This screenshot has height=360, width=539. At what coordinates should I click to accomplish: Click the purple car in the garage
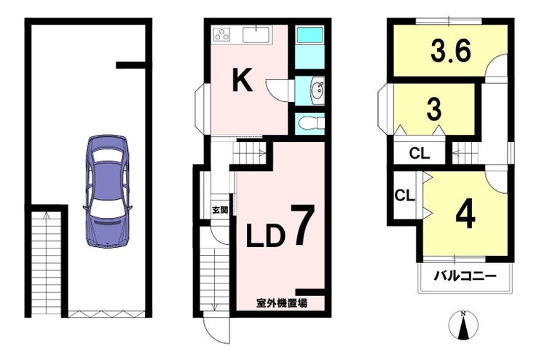[x=108, y=191]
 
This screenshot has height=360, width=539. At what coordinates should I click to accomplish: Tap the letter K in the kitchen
[x=243, y=79]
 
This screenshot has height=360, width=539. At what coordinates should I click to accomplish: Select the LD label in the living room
[x=266, y=236]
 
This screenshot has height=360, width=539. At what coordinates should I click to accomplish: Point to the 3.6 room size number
[x=450, y=52]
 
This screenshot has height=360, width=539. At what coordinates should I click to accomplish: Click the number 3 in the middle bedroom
[x=434, y=109]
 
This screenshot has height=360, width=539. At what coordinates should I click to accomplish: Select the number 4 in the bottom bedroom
[x=465, y=216]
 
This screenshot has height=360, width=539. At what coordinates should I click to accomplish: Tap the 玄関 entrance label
[x=220, y=210]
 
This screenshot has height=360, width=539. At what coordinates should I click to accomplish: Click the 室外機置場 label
[x=282, y=303]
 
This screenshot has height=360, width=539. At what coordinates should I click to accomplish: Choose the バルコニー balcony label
[x=465, y=276]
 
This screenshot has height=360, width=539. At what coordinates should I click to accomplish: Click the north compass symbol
[x=463, y=324]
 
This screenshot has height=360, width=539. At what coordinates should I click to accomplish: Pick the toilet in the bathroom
[x=311, y=123]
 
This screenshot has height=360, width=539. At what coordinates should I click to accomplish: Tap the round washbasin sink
[x=318, y=91]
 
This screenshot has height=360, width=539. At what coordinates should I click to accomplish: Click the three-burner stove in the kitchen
[x=222, y=34]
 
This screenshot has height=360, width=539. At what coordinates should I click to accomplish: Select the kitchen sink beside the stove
[x=256, y=34]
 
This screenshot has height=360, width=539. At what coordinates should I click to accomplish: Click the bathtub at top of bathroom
[x=310, y=35]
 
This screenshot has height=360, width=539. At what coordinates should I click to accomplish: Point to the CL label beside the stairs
[x=419, y=153]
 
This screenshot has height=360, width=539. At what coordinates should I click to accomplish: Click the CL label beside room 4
[x=404, y=195]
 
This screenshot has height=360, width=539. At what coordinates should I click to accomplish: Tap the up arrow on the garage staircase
[x=47, y=216]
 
